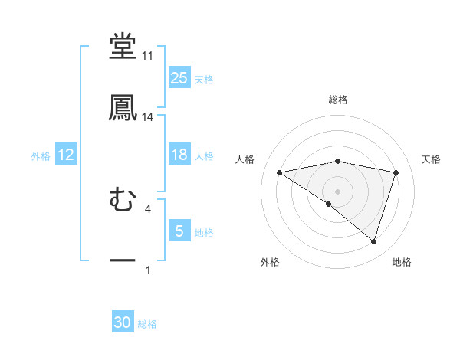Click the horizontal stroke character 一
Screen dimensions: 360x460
tap(123, 261)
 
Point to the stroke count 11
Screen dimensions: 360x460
tap(147, 56)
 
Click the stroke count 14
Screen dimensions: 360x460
tap(147, 117)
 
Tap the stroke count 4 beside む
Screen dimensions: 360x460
tap(147, 208)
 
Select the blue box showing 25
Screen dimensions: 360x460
tap(179, 78)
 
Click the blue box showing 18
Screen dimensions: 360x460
tap(179, 155)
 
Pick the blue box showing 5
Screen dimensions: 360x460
tap(179, 231)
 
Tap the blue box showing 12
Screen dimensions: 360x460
tap(66, 155)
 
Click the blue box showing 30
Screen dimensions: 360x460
tap(123, 323)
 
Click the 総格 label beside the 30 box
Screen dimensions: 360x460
tap(147, 324)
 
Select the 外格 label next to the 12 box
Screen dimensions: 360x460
tap(41, 156)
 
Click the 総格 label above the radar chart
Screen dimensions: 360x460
tap(338, 100)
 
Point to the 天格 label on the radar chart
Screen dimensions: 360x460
tap(432, 159)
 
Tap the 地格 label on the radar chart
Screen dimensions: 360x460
tap(402, 263)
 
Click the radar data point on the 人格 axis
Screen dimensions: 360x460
tap(280, 172)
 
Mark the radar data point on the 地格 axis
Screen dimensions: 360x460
tap(373, 241)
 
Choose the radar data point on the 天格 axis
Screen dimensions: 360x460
tap(396, 172)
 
